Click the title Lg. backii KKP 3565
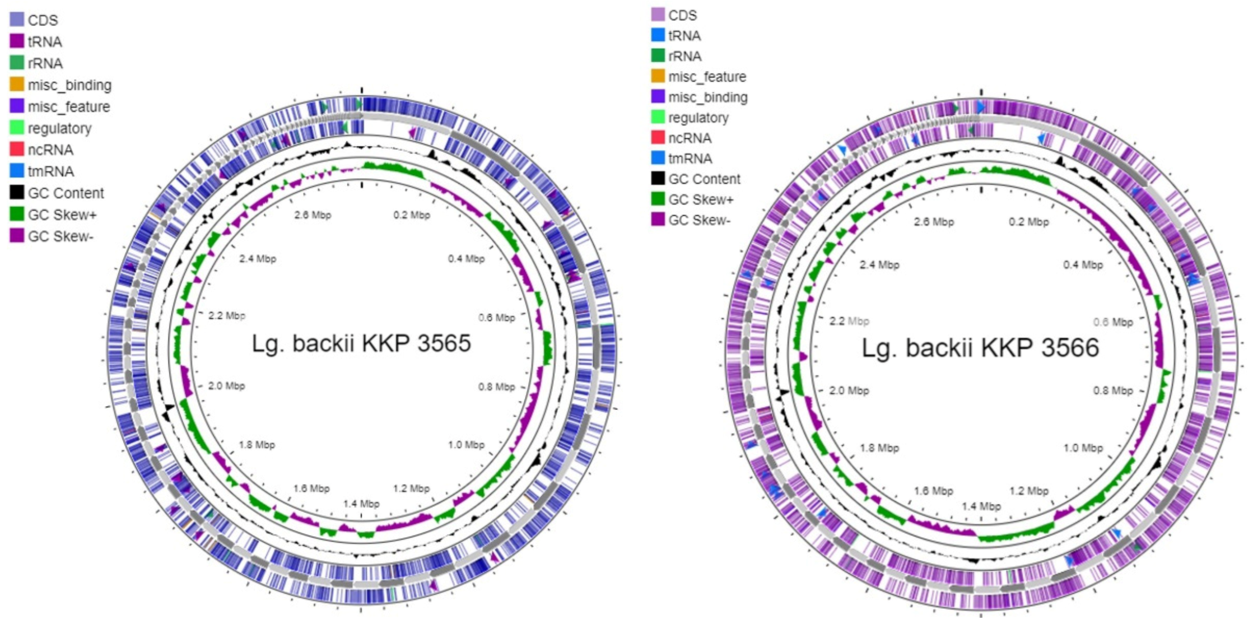[361, 343]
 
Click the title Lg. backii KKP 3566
[980, 348]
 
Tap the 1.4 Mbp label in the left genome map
[361, 504]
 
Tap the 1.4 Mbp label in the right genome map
[980, 506]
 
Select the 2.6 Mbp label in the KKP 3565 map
[313, 215]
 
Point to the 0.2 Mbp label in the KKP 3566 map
[1028, 222]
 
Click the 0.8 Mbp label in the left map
[496, 387]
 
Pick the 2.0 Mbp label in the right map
[849, 390]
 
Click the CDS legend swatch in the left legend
[17, 20]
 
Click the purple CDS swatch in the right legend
[658, 15]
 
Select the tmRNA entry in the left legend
[50, 171]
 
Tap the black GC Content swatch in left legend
[17, 193]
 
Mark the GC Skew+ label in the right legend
[701, 199]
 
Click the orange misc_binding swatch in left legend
[17, 85]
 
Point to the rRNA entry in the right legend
[684, 56]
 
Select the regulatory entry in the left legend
[59, 128]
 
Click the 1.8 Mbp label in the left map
[257, 445]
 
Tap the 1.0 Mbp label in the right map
[1083, 448]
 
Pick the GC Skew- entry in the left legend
[60, 236]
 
